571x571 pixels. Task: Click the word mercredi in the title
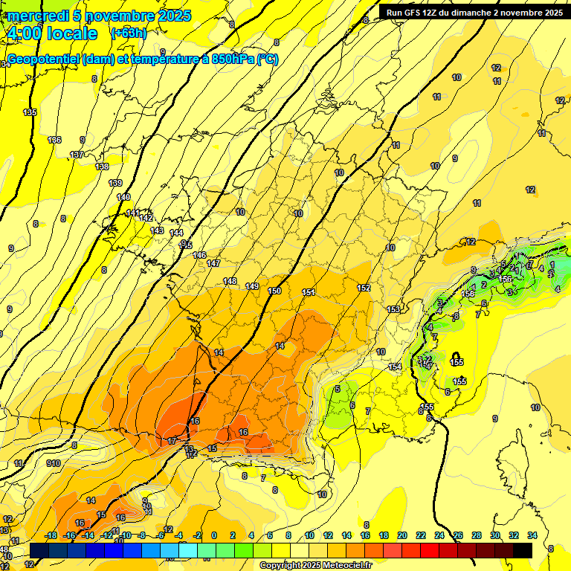[38, 16]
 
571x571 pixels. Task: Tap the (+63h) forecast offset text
[129, 33]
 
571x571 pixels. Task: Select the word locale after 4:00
[71, 33]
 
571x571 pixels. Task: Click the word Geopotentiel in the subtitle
[44, 59]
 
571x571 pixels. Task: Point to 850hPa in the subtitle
[229, 59]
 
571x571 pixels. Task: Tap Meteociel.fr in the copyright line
[345, 566]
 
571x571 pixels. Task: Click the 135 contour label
[30, 112]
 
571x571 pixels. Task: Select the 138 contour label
[102, 167]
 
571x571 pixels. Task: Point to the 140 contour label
[123, 197]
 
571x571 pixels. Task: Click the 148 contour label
[230, 281]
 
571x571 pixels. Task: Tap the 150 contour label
[274, 291]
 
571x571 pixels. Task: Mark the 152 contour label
[364, 288]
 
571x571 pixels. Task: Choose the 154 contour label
[395, 367]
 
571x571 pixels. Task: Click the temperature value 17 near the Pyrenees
[172, 441]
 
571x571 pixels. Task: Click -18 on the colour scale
[51, 535]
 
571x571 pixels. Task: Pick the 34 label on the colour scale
[532, 535]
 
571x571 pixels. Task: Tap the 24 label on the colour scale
[439, 535]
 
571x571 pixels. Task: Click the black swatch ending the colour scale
[523, 550]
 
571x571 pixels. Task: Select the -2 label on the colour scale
[197, 535]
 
